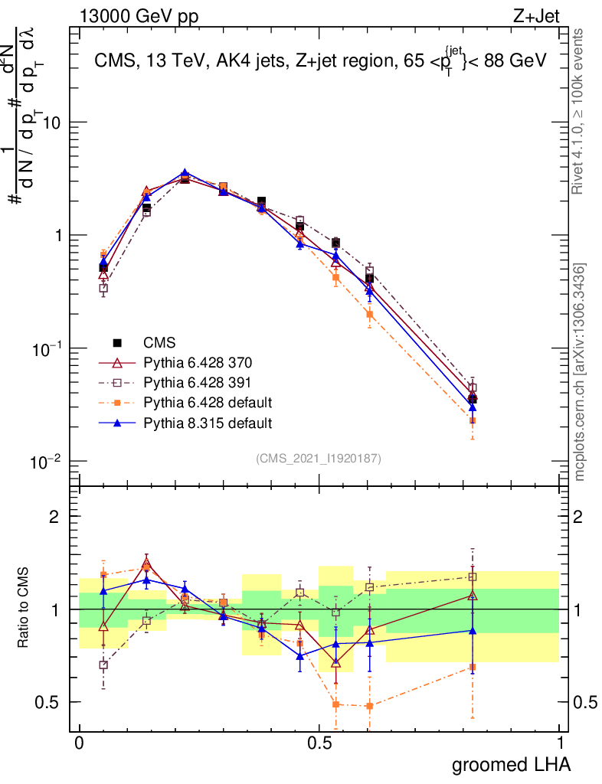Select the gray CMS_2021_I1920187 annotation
[x=319, y=458]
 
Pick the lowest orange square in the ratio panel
[x=369, y=706]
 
